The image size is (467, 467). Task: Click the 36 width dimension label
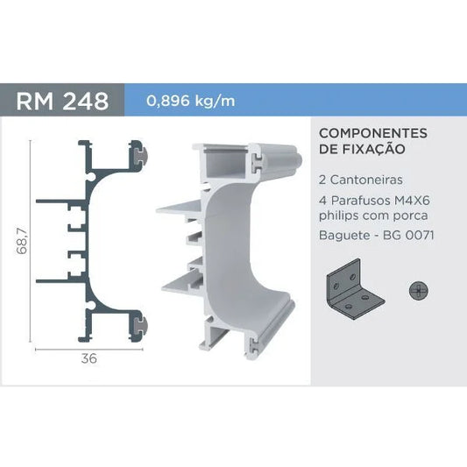tap(88, 358)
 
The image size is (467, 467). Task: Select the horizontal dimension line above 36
tap(88, 347)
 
